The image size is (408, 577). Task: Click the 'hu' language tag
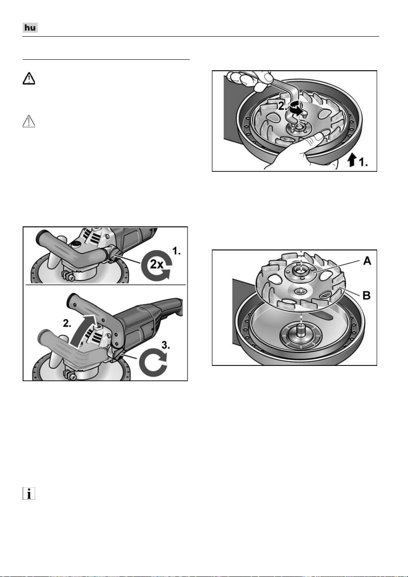point(30,27)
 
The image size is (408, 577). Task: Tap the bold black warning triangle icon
point(29,79)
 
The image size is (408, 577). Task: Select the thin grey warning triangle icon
point(29,121)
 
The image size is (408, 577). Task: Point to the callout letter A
point(368,261)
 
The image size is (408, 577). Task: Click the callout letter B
point(367,295)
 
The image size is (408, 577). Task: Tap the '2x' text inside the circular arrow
point(156,264)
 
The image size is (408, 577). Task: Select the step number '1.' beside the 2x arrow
point(176,251)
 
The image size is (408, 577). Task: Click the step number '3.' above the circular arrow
point(165,345)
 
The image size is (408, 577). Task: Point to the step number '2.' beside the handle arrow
point(67,323)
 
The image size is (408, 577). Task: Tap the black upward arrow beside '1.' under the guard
point(351,160)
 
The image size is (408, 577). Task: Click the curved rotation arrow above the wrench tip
point(296,108)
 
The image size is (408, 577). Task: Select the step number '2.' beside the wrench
point(283,106)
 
